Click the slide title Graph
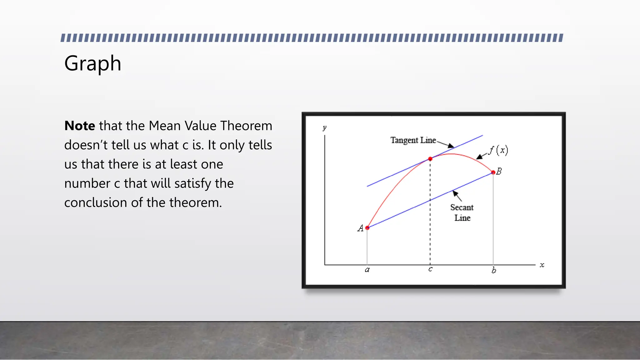[92, 63]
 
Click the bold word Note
[79, 126]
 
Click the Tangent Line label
[413, 140]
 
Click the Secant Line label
[462, 212]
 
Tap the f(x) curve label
[499, 150]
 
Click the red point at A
[367, 228]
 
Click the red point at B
[493, 172]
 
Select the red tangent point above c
[430, 159]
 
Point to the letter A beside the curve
[360, 228]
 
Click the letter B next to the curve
[499, 171]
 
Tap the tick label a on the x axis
[367, 270]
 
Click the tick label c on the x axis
[430, 269]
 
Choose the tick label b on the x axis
[494, 270]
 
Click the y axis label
[325, 127]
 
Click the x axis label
[542, 265]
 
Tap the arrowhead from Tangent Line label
[451, 146]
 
